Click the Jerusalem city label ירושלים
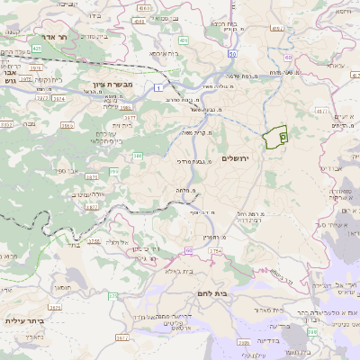[257, 158]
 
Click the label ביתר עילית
[24, 319]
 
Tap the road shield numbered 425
[36, 47]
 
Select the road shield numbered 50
[232, 56]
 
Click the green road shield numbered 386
[138, 156]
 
